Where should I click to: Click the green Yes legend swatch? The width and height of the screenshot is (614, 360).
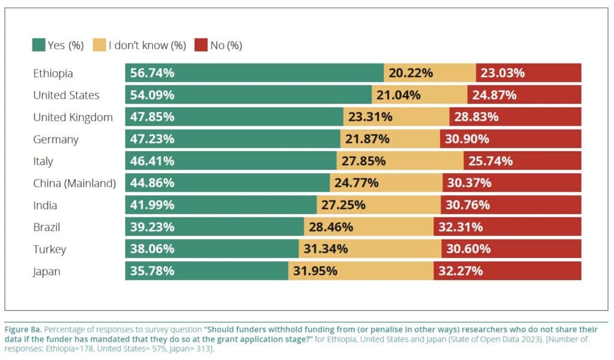coord(39,45)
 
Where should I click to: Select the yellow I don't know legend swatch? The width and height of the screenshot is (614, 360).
coord(100,45)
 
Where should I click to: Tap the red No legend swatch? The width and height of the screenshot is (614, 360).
coord(201,45)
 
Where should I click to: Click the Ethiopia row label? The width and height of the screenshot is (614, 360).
coord(53,73)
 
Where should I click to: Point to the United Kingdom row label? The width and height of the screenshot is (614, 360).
coord(73,117)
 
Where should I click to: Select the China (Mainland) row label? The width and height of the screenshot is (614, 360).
coord(74,183)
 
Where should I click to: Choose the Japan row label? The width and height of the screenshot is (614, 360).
coord(47,271)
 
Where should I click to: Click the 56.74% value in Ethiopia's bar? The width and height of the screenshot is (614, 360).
coord(152,73)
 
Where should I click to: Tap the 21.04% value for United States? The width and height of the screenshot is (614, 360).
coord(399,95)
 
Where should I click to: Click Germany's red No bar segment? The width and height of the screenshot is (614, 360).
coord(510,139)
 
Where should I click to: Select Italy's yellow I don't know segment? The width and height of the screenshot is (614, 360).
coord(400,161)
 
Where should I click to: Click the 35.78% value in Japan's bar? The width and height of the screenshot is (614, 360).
coord(152,271)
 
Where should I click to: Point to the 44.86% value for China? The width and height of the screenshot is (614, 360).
coord(152,183)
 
